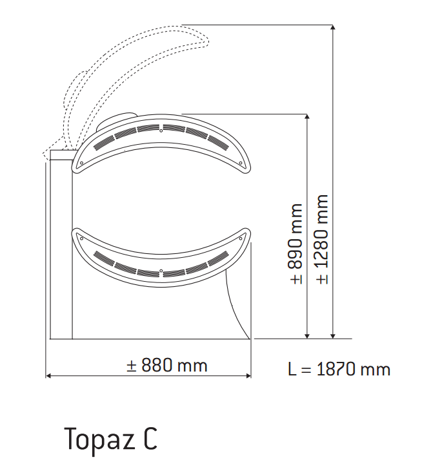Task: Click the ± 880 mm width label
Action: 166,366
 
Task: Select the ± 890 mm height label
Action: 296,244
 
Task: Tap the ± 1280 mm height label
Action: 323,239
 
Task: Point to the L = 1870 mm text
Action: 339,370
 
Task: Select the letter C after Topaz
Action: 149,439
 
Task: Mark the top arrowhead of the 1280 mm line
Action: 333,27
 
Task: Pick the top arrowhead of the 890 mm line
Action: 307,118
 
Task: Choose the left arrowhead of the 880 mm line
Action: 48,375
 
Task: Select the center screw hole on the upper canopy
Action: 161,131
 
